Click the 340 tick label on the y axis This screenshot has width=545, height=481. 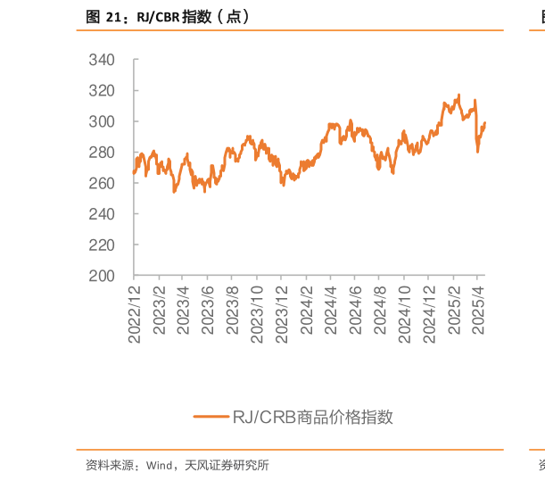point(102,60)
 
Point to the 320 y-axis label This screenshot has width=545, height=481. point(102,91)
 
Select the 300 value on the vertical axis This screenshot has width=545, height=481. point(102,121)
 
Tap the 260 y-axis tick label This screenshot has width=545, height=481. point(102,183)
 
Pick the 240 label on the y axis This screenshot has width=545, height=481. point(102,214)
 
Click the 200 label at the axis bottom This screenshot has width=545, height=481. point(102,276)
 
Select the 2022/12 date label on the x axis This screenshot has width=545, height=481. point(135,315)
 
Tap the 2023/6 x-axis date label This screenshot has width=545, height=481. point(208,311)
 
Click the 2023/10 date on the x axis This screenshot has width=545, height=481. point(257,315)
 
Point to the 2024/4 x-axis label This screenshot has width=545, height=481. point(331,311)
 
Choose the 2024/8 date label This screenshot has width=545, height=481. point(380,311)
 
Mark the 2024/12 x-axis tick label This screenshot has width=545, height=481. point(429,315)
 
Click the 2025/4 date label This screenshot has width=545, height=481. point(478,311)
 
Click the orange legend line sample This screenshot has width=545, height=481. point(211,417)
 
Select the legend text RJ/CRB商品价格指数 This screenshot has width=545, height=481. point(313,417)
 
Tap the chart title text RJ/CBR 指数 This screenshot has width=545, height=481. point(174,17)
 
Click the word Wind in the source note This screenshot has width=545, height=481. point(159,465)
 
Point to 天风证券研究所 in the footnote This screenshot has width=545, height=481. point(227,465)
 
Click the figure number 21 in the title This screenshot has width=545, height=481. point(113,17)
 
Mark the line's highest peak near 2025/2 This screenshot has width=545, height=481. point(459,95)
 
